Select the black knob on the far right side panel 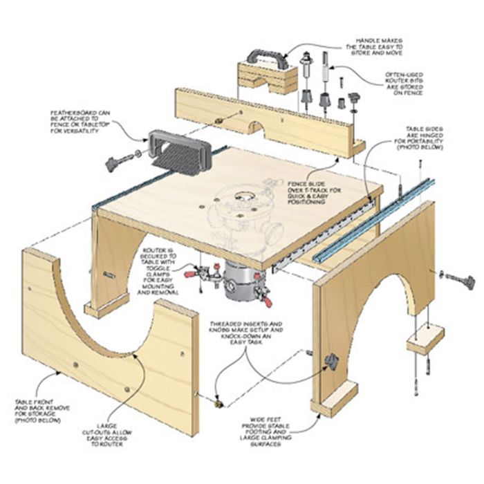465,281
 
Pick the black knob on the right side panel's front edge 331,360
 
